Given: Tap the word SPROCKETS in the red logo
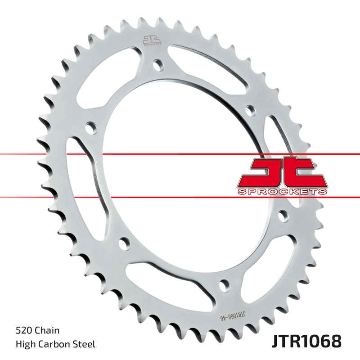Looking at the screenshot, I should pos(282,192).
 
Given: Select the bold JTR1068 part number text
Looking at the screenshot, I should pos(306,341).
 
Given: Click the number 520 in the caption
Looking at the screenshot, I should pos(23,331).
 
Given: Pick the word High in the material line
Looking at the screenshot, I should pos(24,344).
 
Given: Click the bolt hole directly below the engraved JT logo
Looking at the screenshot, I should pos(157,65).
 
